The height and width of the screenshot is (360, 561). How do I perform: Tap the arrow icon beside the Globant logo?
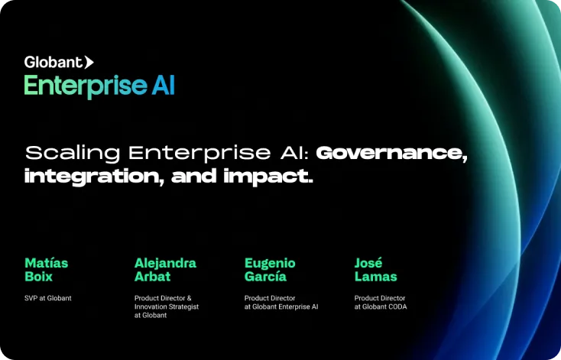pos(89,62)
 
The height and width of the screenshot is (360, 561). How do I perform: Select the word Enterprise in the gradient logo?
pos(86,86)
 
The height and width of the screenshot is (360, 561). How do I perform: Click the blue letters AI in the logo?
pos(163,85)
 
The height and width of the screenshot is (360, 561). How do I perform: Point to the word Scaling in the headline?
pos(73,153)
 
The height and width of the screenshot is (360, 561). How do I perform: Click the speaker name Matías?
pos(46,263)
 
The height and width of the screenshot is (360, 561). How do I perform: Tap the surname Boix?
pos(39,277)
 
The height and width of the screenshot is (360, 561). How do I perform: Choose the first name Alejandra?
pos(165,264)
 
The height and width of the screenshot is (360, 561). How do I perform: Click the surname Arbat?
pos(152,277)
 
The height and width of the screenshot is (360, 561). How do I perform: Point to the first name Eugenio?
pos(270,264)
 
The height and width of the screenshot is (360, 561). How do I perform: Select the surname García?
pos(265,277)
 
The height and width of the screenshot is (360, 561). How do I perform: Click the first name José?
pos(368,263)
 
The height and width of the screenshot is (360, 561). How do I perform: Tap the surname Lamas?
pos(376,277)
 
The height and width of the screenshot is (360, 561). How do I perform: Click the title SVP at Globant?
pos(48,298)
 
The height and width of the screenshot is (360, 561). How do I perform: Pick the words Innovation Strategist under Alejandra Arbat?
pos(167,307)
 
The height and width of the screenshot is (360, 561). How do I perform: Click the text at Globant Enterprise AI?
pos(281,306)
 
